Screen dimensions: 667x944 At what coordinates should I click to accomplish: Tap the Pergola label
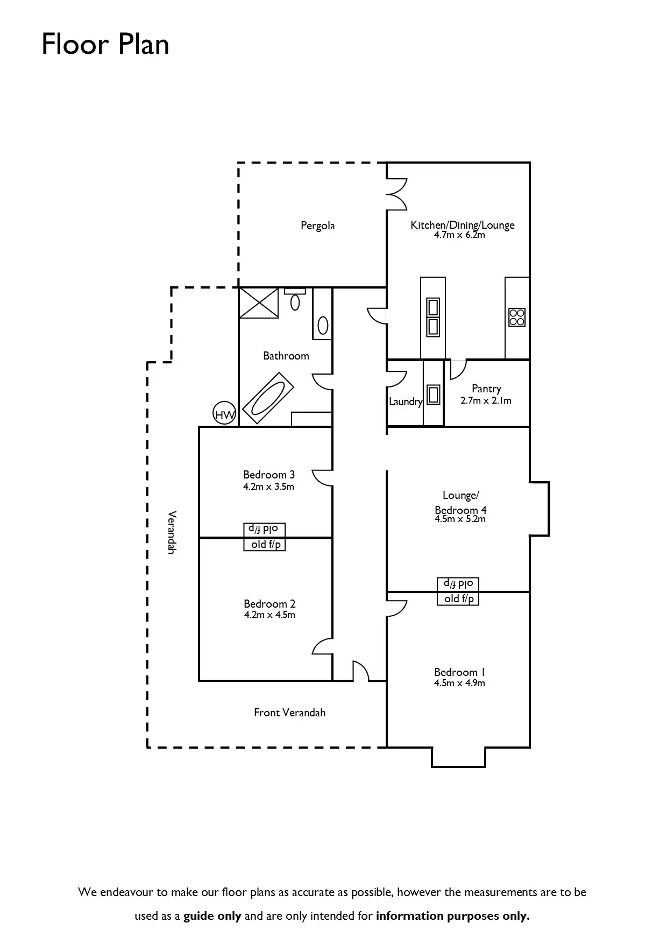(x=317, y=226)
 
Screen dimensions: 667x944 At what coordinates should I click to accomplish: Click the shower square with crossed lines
(x=259, y=303)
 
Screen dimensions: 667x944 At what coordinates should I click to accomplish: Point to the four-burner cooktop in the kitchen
(x=517, y=316)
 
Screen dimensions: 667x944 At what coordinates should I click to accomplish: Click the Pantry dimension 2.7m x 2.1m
(x=486, y=400)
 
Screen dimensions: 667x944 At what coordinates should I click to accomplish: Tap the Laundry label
(x=406, y=401)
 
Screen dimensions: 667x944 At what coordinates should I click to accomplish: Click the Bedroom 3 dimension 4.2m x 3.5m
(x=268, y=487)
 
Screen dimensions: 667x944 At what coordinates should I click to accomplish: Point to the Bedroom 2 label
(x=269, y=604)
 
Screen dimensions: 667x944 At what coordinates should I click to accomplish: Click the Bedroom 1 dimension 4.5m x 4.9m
(x=459, y=683)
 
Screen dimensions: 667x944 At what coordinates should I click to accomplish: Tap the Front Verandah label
(x=289, y=713)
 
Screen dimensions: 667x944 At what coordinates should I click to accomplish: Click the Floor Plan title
(x=105, y=44)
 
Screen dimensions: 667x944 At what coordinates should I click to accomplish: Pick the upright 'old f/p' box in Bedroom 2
(x=265, y=544)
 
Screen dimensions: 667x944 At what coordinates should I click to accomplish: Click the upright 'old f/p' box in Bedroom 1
(x=458, y=598)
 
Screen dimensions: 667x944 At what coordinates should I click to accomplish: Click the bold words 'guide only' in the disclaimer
(x=212, y=916)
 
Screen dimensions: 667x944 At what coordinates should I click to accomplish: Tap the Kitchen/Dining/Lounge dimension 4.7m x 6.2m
(x=459, y=235)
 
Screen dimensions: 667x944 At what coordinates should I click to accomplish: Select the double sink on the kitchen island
(x=433, y=317)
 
